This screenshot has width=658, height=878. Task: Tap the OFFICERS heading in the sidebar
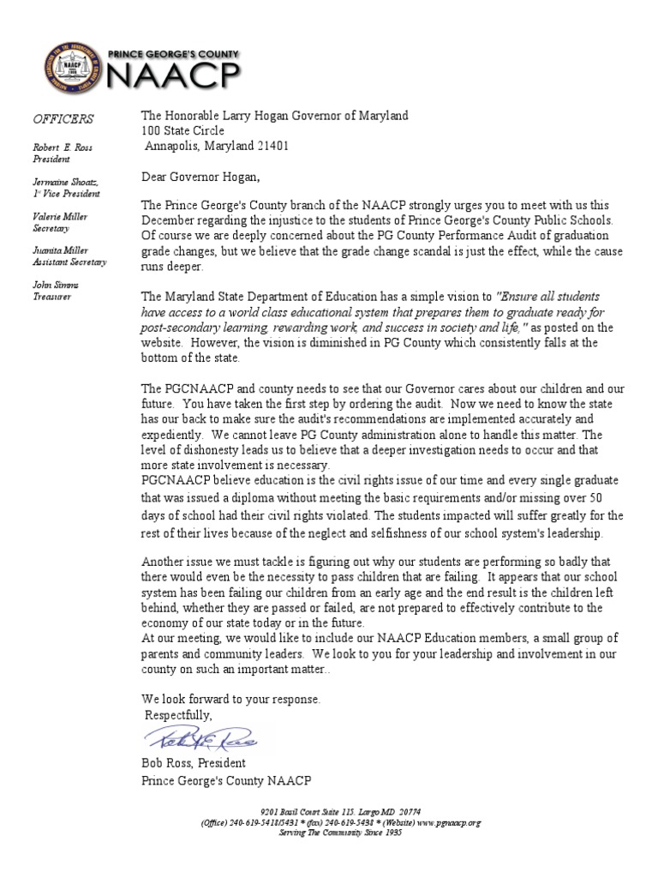[x=64, y=118]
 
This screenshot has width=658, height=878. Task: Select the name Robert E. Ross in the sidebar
[x=63, y=147]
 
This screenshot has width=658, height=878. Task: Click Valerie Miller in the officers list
[x=60, y=217]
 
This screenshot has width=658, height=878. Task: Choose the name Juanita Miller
[x=60, y=251]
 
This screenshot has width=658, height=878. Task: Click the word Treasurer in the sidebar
[x=53, y=297]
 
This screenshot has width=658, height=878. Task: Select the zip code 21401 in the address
[x=272, y=146]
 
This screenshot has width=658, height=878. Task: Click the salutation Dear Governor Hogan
[x=200, y=177]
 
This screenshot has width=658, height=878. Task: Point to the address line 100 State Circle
[x=183, y=130]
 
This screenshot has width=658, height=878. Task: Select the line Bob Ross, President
[x=194, y=763]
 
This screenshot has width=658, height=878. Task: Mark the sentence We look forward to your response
[x=231, y=700]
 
